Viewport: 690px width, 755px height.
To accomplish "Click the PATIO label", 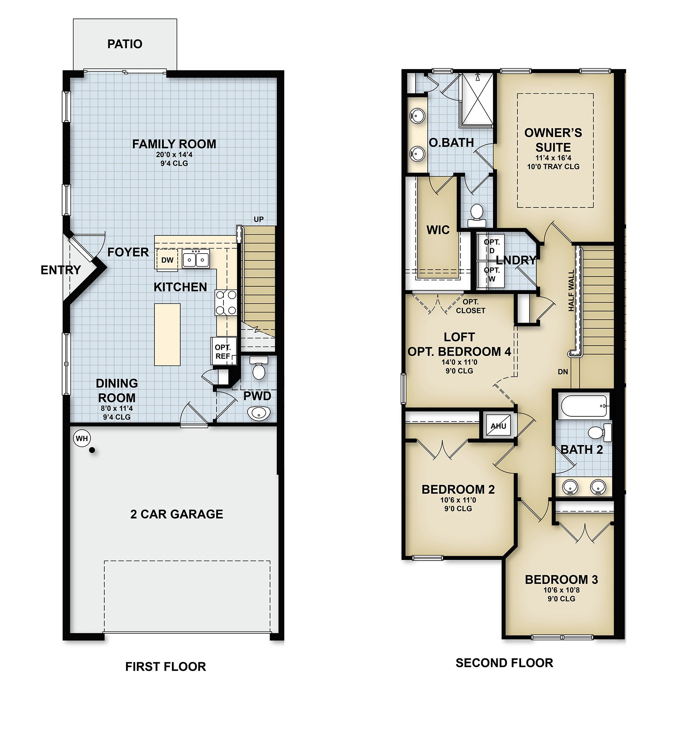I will click(125, 44).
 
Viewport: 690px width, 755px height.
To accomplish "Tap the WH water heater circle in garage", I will click(82, 438).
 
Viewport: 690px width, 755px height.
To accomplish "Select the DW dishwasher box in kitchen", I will click(167, 260).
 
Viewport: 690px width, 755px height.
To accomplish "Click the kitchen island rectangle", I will click(167, 334).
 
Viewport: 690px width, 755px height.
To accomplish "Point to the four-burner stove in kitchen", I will click(226, 303).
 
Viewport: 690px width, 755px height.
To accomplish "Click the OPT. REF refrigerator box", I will click(223, 351).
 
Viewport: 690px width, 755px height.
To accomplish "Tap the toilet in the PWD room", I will click(258, 369).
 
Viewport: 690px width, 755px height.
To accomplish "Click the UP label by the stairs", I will click(258, 219).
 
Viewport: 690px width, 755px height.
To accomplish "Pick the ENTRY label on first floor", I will click(60, 270).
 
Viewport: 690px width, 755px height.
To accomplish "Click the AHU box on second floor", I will click(498, 426).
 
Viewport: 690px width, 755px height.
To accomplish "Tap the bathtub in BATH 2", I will click(583, 406).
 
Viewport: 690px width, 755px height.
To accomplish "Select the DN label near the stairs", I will click(562, 372).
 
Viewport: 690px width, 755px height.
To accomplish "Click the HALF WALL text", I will click(571, 291).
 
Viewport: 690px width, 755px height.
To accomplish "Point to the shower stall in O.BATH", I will click(476, 99).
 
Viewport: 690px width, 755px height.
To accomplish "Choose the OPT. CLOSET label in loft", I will click(471, 306).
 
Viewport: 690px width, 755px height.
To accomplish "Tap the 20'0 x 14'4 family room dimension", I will click(174, 155).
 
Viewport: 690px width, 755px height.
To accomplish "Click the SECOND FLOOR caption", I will click(504, 663).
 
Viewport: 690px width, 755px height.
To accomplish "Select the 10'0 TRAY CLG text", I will click(553, 167).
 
